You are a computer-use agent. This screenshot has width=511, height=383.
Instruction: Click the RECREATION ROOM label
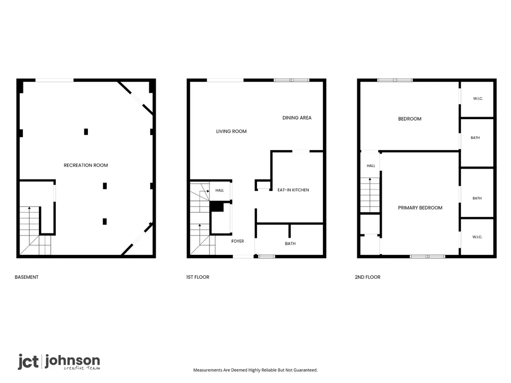(86, 165)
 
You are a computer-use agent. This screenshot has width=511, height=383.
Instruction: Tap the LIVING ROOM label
(232, 131)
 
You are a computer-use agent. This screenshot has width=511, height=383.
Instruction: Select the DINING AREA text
(297, 118)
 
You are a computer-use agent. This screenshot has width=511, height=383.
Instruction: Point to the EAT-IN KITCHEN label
(293, 190)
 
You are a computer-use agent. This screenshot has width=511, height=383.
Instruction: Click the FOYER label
(238, 241)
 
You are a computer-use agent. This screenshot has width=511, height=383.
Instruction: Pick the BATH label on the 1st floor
(290, 243)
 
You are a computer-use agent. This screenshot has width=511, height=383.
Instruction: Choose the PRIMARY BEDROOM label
(420, 207)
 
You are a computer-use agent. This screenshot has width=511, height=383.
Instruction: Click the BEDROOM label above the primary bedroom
(410, 119)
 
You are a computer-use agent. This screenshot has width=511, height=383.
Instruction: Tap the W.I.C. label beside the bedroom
(478, 98)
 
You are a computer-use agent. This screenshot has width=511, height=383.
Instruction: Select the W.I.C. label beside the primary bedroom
(478, 237)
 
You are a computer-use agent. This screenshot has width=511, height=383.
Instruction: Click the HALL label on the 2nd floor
(371, 166)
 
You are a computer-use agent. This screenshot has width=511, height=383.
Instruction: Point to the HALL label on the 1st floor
(220, 190)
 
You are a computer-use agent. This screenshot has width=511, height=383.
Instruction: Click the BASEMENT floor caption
(26, 277)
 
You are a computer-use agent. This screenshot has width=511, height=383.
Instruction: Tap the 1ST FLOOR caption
(198, 277)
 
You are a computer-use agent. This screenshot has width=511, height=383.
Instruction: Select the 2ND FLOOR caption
(368, 277)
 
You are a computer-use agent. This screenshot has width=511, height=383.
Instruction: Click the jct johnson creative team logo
(59, 362)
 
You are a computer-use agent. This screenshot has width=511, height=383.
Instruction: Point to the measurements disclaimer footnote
(255, 370)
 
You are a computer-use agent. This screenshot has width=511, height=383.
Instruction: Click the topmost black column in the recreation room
(86, 132)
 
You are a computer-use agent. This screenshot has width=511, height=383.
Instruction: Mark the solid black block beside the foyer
(217, 207)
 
